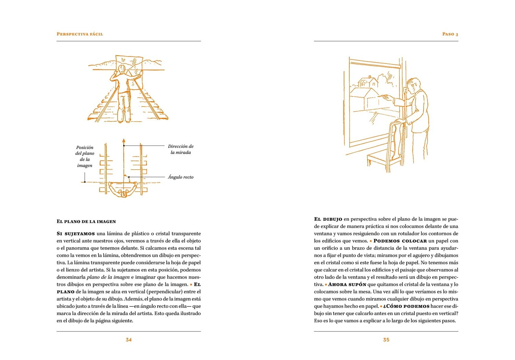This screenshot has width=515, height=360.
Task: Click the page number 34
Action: [129, 340]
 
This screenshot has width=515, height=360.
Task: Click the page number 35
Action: [386, 340]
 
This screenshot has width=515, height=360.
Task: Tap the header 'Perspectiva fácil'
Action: [80, 34]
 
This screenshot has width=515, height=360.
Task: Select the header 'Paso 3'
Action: [450, 34]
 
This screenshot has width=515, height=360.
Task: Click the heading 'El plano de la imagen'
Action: [86, 222]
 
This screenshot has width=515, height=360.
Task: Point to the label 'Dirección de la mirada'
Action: [181, 149]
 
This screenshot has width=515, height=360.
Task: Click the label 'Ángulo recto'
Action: [181, 177]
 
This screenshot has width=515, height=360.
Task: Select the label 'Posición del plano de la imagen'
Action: [84, 156]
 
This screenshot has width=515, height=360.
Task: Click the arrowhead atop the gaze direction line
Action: [124, 141]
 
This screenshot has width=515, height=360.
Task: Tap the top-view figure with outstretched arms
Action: [123, 189]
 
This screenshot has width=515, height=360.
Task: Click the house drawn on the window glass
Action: [368, 82]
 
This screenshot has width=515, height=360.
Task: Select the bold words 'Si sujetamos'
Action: [76, 234]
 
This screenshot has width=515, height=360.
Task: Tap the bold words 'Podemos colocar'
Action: [400, 241]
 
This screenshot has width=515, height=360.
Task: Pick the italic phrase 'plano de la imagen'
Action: [108, 277]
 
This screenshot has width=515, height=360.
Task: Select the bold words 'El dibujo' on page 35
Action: [328, 219]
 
